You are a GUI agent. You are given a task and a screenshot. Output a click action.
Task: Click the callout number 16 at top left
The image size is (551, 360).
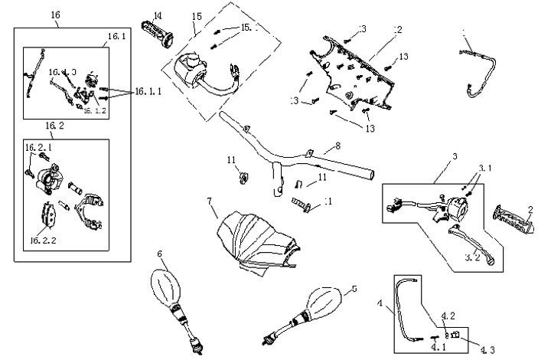54,15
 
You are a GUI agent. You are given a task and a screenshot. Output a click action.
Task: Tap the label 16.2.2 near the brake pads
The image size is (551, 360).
46,240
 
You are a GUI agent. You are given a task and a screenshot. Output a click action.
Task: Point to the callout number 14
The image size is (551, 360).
158,15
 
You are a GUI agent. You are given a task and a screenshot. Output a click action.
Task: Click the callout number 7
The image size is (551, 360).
208,201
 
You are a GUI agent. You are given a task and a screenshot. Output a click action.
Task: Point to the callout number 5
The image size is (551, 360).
354,289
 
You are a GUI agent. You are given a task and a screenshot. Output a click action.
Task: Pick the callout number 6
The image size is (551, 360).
159,254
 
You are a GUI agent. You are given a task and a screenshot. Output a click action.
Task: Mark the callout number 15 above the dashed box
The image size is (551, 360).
197,16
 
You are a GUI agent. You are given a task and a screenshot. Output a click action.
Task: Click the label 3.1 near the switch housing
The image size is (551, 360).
486,168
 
